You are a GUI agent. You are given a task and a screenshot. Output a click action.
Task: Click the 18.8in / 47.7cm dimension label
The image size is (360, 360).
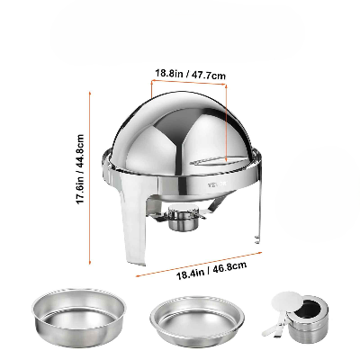tap(190, 74)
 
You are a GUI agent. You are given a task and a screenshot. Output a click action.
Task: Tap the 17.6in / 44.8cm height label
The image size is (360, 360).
tap(80, 169)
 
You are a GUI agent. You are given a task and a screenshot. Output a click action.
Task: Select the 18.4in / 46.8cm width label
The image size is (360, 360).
tap(211, 270)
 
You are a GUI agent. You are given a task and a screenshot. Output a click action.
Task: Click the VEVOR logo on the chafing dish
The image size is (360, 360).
tap(217, 184)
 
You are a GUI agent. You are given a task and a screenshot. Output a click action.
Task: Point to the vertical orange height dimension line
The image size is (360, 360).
tap(90, 178)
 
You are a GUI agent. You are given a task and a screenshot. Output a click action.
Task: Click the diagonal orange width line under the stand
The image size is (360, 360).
tap(199, 264)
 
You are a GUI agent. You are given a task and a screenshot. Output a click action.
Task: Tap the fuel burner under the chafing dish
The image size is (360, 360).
tap(182, 218)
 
